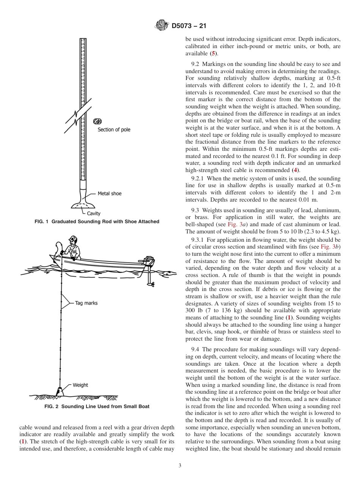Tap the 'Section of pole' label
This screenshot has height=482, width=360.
(x=114, y=130)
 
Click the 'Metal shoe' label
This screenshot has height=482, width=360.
(x=110, y=194)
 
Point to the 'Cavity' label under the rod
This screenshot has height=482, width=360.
(x=94, y=213)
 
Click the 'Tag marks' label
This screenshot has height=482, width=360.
(x=86, y=303)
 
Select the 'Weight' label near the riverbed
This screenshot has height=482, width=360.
(x=80, y=385)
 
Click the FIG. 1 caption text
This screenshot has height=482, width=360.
(x=97, y=222)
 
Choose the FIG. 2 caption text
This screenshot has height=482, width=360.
(x=97, y=407)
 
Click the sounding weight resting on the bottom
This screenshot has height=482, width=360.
(x=59, y=391)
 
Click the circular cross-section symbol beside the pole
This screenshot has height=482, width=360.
(x=98, y=122)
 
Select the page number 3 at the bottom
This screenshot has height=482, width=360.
(x=180, y=466)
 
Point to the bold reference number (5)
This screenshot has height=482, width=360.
(x=214, y=53)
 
